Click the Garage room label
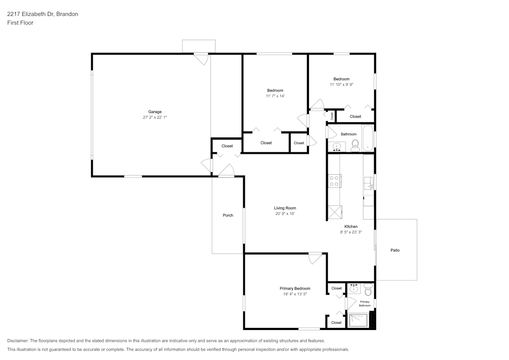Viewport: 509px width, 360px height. click(x=155, y=112)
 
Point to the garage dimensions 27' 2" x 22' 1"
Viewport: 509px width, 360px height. click(x=155, y=117)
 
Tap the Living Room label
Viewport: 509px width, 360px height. click(x=285, y=208)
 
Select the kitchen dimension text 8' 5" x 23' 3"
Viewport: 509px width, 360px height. click(x=351, y=232)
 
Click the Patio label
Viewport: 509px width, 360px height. click(x=395, y=250)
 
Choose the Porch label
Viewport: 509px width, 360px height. click(x=228, y=215)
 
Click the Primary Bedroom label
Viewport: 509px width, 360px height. click(x=295, y=288)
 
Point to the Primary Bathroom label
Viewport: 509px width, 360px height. click(x=364, y=303)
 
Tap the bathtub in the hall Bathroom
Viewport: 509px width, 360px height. click(x=367, y=138)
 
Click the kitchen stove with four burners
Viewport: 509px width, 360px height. click(x=334, y=181)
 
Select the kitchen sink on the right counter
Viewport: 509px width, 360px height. click(x=368, y=183)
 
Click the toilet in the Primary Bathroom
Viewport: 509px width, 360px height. click(x=368, y=290)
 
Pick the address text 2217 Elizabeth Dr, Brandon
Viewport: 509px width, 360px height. click(x=43, y=14)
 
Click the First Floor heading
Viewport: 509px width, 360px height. click(x=20, y=23)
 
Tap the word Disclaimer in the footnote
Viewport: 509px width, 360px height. click(x=18, y=341)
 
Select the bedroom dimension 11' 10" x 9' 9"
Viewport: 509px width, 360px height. click(x=341, y=85)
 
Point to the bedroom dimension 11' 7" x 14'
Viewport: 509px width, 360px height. click(x=275, y=96)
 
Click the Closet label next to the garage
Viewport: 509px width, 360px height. click(x=227, y=146)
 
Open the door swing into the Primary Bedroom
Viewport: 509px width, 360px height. click(x=316, y=258)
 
